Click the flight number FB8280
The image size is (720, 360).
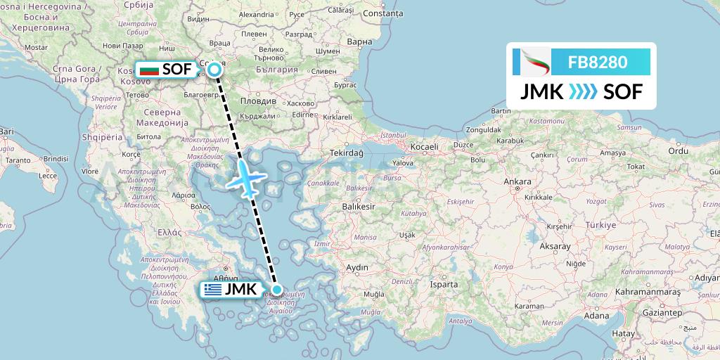coord(598,62)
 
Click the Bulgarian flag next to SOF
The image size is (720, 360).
coord(148,70)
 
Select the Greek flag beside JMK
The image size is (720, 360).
coord(212,289)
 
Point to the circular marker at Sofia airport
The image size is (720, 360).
coord(214,69)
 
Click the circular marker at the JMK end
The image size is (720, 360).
coord(278,289)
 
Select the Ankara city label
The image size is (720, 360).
coord(517,181)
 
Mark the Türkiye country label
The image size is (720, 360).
coord(599,225)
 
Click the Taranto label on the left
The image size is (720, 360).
coord(15,160)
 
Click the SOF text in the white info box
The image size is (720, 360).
coord(622,91)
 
